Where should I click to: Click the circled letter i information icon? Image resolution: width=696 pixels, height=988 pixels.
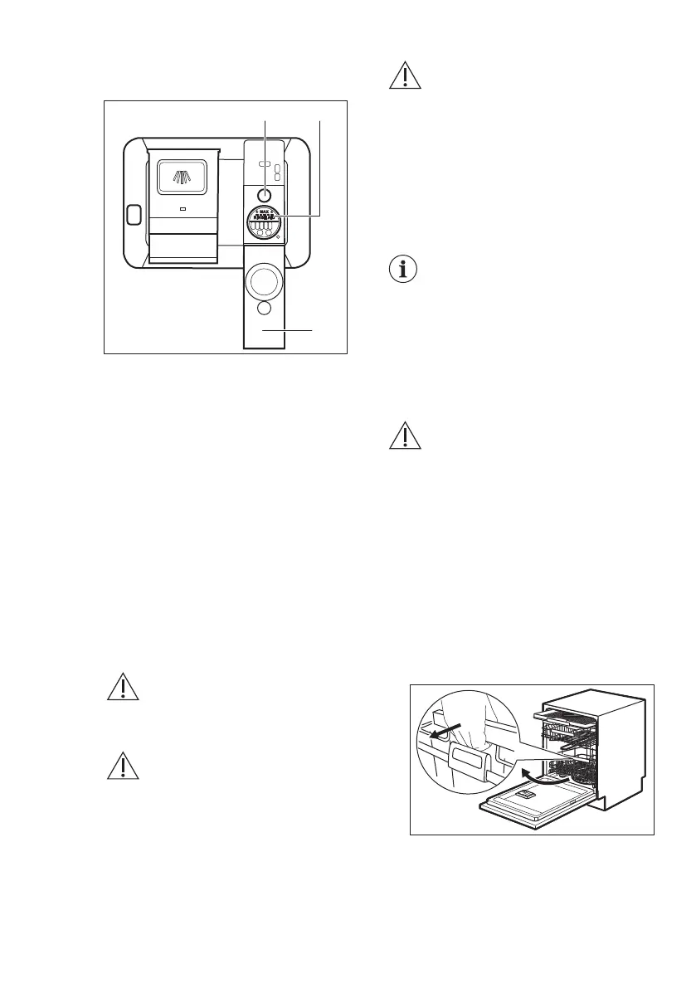click(405, 271)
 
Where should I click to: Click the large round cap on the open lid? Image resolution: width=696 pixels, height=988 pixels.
click(265, 281)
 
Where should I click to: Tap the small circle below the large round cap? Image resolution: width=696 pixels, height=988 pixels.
click(265, 309)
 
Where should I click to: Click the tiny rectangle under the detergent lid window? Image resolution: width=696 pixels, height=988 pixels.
click(182, 210)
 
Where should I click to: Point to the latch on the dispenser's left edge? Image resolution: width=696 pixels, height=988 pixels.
click(132, 215)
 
